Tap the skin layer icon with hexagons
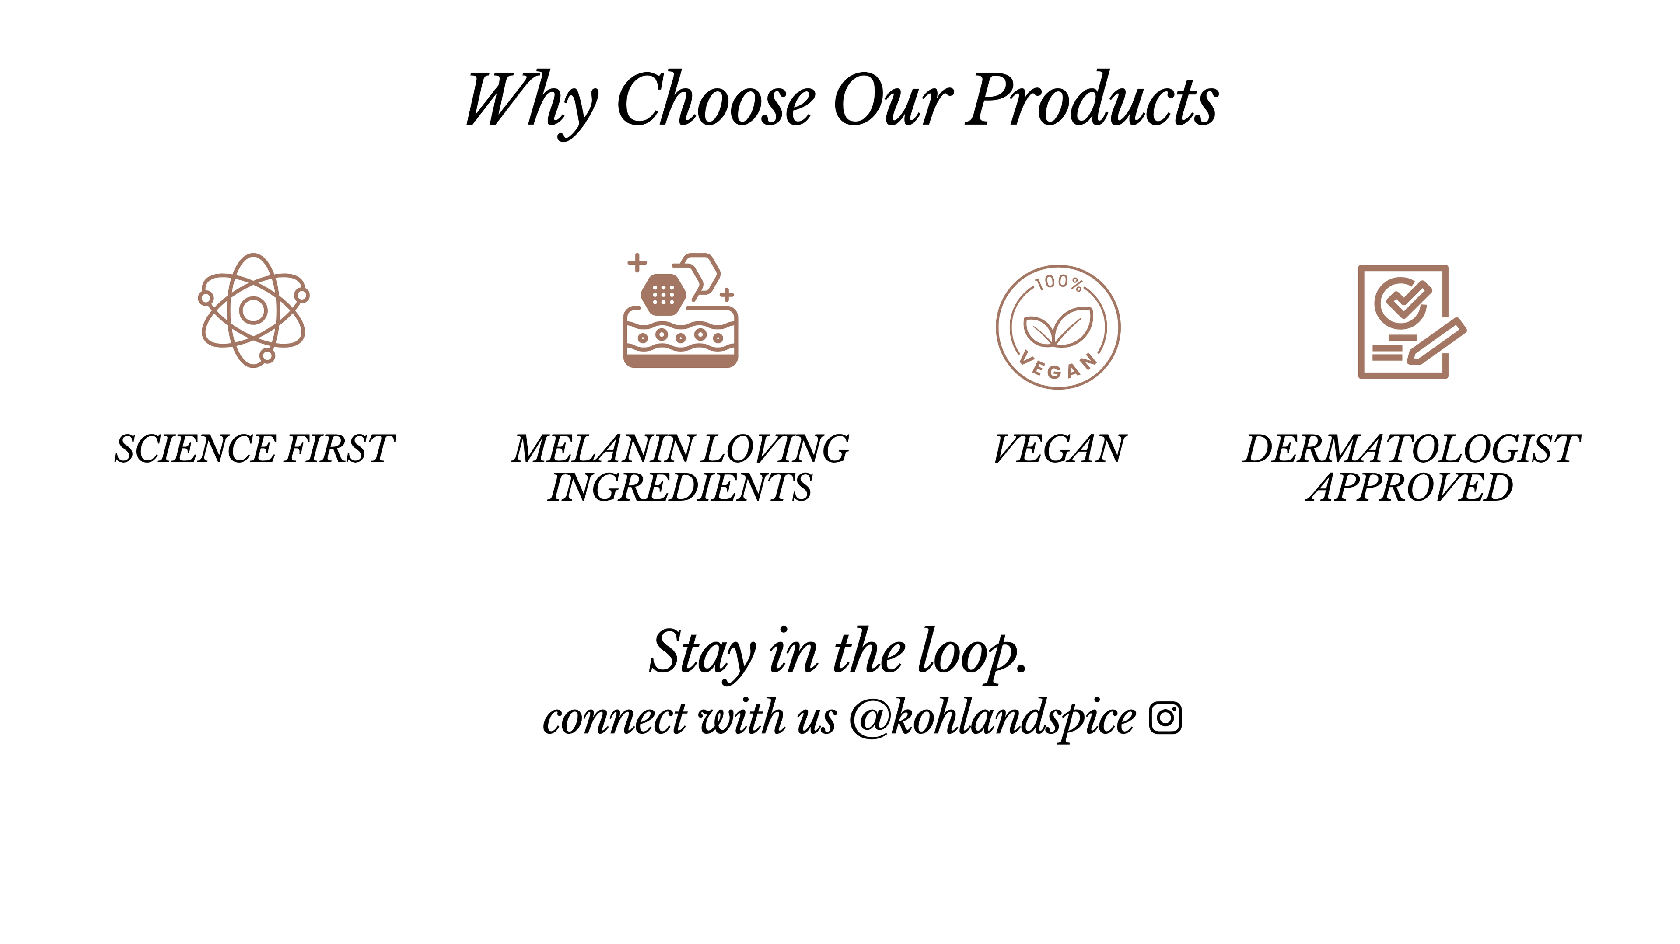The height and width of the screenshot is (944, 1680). coord(681,310)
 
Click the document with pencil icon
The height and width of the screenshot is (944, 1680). coord(1412,321)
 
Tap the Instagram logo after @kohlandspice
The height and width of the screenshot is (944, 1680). coord(1165,718)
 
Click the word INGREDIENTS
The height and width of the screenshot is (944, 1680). coord(680,488)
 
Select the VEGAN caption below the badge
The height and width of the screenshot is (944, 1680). coord(1060,449)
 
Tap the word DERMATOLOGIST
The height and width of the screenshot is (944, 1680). coord(1412,449)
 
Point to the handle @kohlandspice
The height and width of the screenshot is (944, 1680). coord(993,718)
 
